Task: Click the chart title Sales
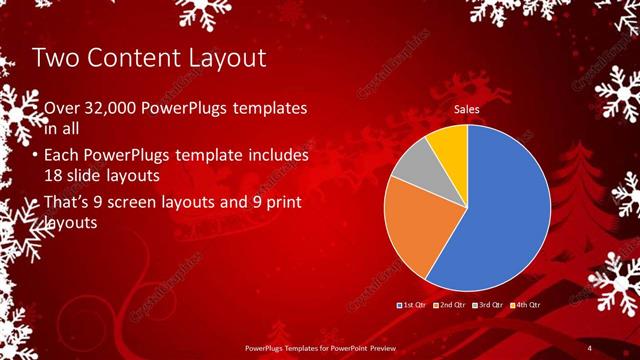[467, 109]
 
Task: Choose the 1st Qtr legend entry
[413, 303]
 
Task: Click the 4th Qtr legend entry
[526, 303]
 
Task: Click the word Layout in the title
[218, 58]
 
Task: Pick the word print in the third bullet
[282, 203]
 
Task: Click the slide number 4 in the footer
[590, 347]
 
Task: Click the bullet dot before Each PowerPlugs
[36, 157]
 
